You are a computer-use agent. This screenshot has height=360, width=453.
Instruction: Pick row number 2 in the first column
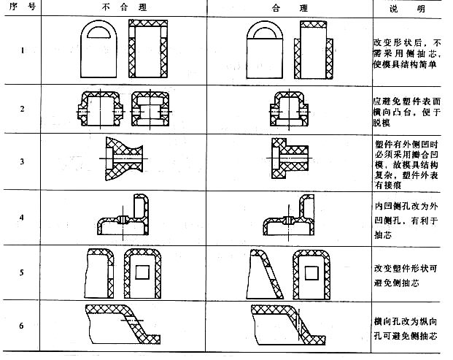coord(22,109)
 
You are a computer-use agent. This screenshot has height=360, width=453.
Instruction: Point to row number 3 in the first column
coord(22,163)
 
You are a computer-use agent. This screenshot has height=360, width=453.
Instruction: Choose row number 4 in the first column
coord(22,218)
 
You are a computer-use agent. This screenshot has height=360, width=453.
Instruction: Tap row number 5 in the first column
coord(22,272)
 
